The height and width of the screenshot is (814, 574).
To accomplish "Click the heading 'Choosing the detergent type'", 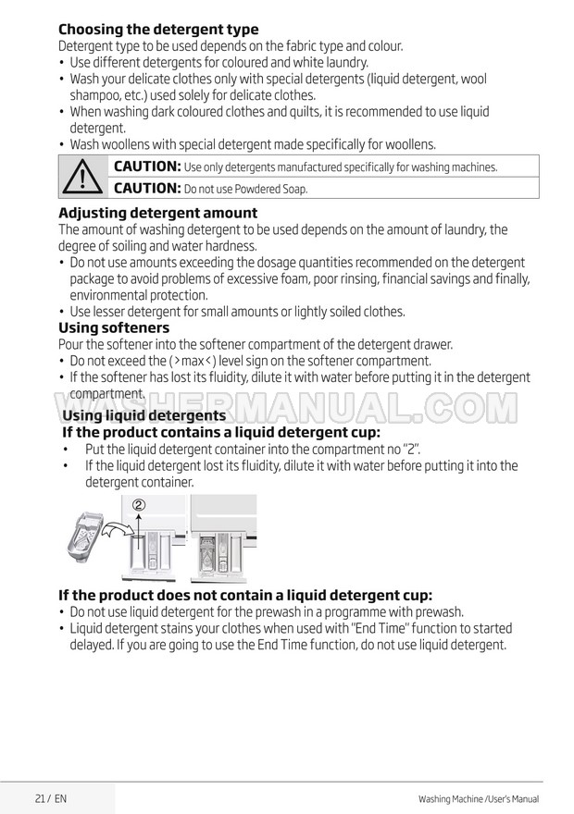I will click(158, 30).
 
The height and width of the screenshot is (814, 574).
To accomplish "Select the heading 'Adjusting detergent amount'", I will click(157, 213).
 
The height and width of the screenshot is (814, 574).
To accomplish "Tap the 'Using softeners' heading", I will click(114, 327).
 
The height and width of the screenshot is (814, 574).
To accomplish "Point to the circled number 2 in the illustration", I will click(139, 505).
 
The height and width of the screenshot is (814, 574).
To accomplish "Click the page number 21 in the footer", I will click(40, 797).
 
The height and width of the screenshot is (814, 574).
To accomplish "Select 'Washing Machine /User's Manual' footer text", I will click(479, 798).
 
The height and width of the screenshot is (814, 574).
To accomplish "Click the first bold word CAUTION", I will click(146, 166).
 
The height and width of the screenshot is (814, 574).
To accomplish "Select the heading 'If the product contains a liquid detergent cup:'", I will click(220, 432).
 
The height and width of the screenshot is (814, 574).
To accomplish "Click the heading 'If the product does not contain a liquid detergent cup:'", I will click(245, 595).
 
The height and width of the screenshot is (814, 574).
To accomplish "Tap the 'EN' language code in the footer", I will click(60, 797).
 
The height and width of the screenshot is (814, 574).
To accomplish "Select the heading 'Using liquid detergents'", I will click(143, 416).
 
